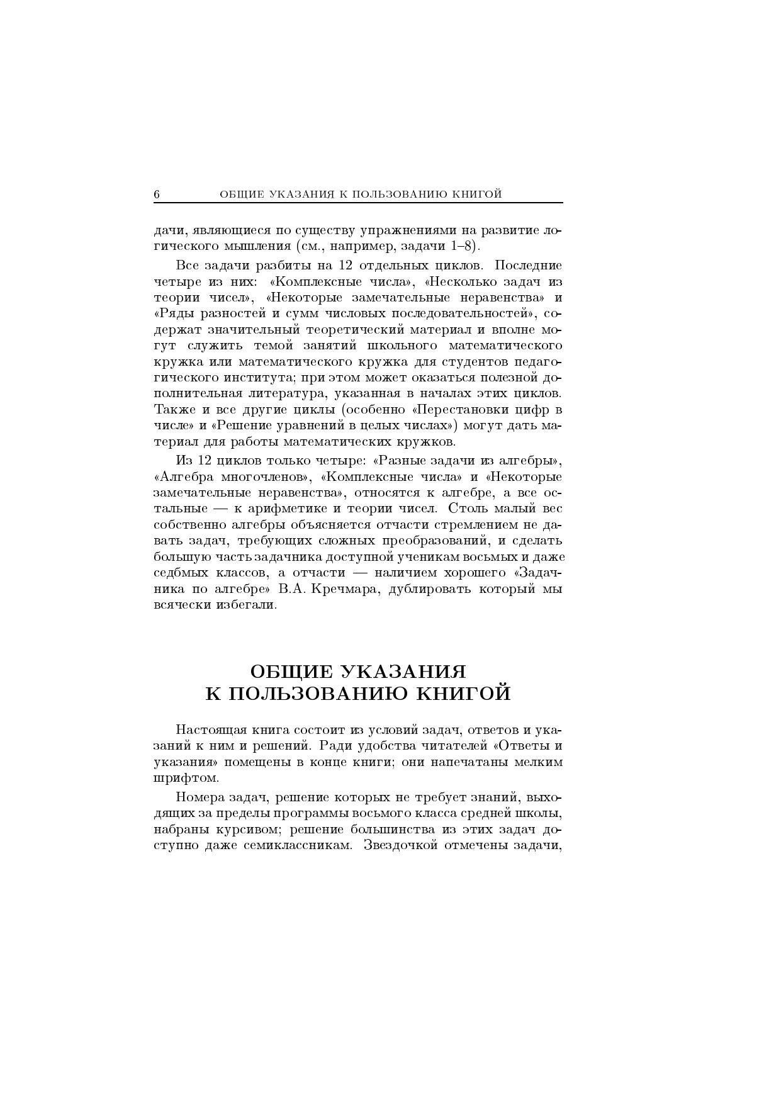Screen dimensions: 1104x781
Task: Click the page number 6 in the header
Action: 157,194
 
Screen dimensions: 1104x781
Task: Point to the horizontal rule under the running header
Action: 358,203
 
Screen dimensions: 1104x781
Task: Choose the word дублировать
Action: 430,589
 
